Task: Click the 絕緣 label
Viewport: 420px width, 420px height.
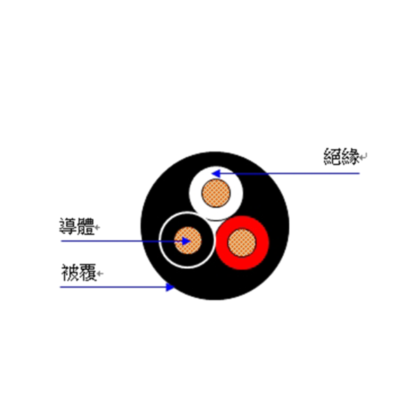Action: point(342,156)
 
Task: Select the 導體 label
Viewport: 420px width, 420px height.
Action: point(76,226)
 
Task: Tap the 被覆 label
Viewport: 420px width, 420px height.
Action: point(78,272)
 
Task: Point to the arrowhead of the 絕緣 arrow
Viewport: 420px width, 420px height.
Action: point(216,174)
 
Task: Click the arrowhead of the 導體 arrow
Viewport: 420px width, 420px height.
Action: point(186,241)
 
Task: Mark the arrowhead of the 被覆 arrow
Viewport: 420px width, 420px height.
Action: point(170,287)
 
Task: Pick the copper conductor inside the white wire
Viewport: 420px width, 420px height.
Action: point(216,193)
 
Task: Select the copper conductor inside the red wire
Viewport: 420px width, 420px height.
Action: point(242,242)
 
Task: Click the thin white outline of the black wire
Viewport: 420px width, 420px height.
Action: point(160,240)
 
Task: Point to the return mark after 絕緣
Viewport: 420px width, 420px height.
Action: point(363,156)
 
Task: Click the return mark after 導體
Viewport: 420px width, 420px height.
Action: point(97,227)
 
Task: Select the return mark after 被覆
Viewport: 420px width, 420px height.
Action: point(100,274)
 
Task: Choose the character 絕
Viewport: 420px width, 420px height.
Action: point(332,156)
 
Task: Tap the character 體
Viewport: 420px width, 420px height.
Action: point(85,226)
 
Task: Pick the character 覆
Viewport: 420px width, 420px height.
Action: point(88,272)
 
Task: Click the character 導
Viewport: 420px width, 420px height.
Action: point(68,226)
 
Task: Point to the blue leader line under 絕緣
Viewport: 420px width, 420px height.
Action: point(286,174)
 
